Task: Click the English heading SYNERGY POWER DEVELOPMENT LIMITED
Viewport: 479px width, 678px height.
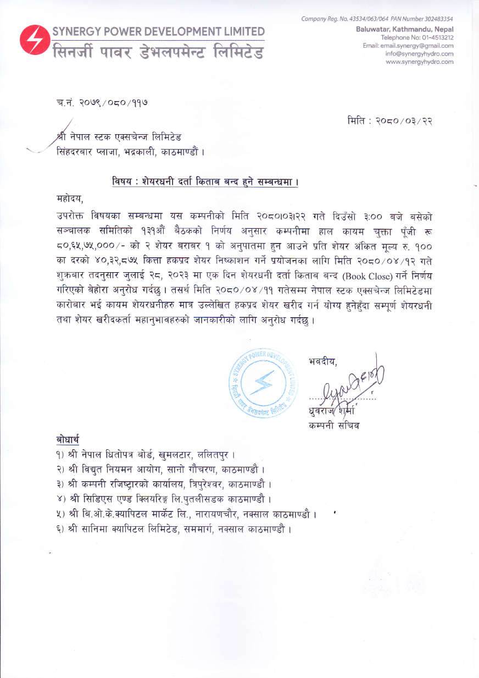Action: [158, 32]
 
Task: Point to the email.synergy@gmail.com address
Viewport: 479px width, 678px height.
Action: [422, 45]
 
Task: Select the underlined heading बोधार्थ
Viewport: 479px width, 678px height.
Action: [68, 440]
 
